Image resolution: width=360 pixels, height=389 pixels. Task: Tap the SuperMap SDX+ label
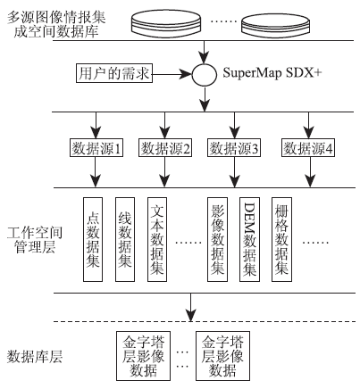(x=272, y=73)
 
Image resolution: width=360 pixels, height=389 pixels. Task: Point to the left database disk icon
(x=166, y=23)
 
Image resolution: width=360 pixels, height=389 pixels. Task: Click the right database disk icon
(x=275, y=25)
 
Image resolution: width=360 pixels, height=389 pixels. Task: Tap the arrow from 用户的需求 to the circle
(x=172, y=73)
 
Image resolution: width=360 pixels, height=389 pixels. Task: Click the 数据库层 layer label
(x=35, y=357)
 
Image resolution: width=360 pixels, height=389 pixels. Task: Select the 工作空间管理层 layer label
(x=35, y=240)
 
